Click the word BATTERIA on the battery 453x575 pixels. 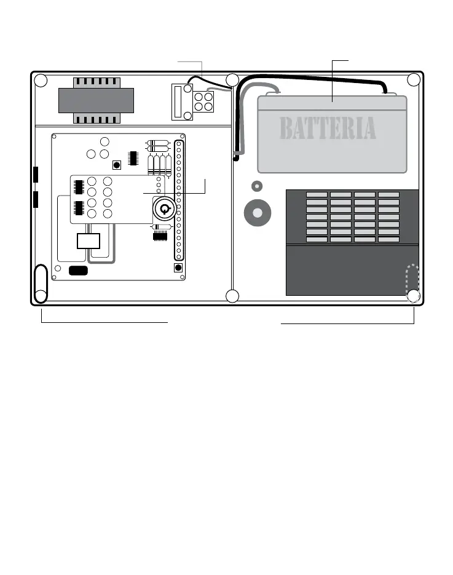(328, 129)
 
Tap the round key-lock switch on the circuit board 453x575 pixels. (164, 209)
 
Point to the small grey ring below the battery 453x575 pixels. (257, 186)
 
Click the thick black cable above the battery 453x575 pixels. (313, 77)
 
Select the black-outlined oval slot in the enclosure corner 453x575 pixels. (41, 283)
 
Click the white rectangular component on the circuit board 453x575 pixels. (89, 240)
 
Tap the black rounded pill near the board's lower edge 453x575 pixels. (78, 269)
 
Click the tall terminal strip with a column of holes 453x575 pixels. (179, 200)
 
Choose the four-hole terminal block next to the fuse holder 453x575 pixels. (203, 102)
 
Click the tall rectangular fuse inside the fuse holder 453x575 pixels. (178, 101)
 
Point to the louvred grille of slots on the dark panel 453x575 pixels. (353, 216)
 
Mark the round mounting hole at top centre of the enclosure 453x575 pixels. (232, 80)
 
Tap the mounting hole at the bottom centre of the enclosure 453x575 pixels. (232, 296)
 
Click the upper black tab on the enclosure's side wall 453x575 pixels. (36, 175)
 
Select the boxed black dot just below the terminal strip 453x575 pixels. (178, 268)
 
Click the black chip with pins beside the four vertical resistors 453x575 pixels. (132, 157)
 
